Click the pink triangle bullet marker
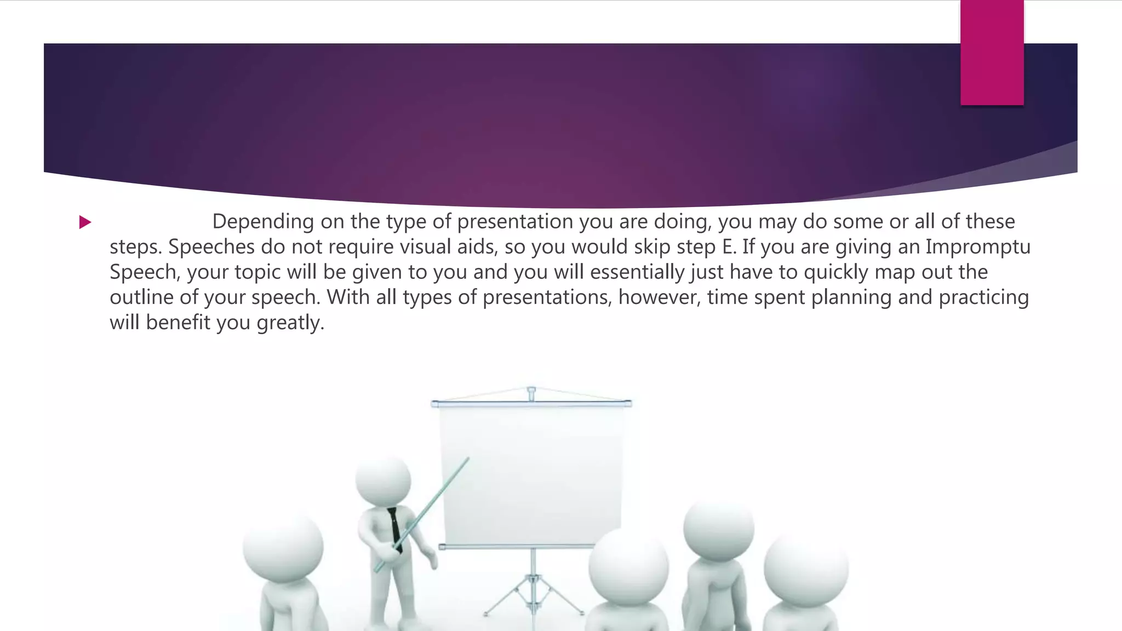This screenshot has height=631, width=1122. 85,222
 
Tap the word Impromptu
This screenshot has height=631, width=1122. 978,247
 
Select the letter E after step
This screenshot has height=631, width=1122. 728,247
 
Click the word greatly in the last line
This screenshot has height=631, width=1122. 290,323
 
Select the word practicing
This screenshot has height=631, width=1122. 983,297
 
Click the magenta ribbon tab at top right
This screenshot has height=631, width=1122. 992,53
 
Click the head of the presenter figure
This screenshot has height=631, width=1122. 383,479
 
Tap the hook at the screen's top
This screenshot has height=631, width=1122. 531,393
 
